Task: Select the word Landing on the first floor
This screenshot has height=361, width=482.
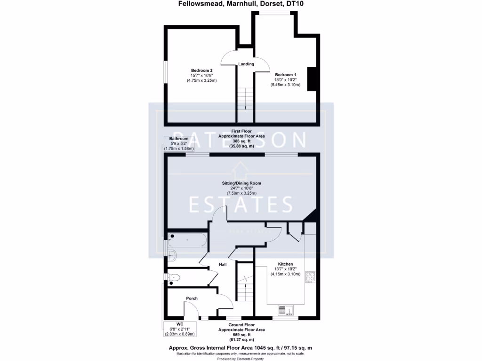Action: (x=246, y=64)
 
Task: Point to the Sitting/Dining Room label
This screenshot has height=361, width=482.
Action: (x=241, y=183)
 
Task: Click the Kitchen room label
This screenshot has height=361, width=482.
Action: (x=285, y=264)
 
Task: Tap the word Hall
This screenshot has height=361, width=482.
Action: (x=223, y=265)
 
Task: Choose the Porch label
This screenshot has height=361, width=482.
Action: (x=192, y=298)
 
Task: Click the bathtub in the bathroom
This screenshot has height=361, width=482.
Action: (x=187, y=240)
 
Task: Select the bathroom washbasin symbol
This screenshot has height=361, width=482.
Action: (x=172, y=255)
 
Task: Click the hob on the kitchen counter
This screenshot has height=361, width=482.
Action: (x=310, y=277)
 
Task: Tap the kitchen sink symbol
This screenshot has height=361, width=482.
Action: (x=285, y=310)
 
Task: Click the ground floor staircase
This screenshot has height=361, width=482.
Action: (x=245, y=286)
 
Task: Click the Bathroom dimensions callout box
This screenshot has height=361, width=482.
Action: (x=179, y=144)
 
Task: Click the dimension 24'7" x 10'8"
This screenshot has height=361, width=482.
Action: (x=241, y=188)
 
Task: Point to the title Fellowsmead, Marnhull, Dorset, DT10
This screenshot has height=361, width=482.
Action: (x=241, y=5)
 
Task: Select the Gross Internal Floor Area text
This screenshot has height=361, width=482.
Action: (x=241, y=348)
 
